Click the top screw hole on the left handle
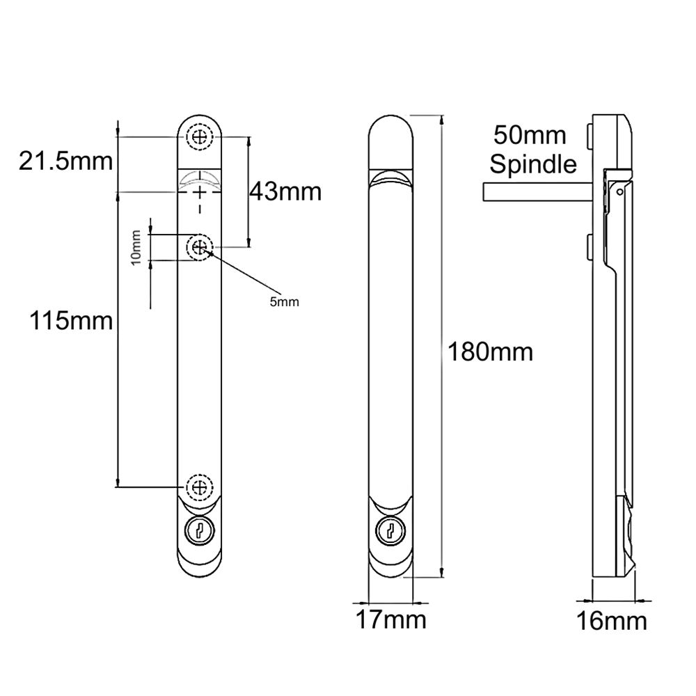pyautogui.click(x=200, y=137)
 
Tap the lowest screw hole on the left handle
pyautogui.click(x=200, y=486)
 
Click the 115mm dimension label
pyautogui.click(x=70, y=322)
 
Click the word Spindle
pyautogui.click(x=533, y=165)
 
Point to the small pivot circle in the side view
pyautogui.click(x=619, y=189)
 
